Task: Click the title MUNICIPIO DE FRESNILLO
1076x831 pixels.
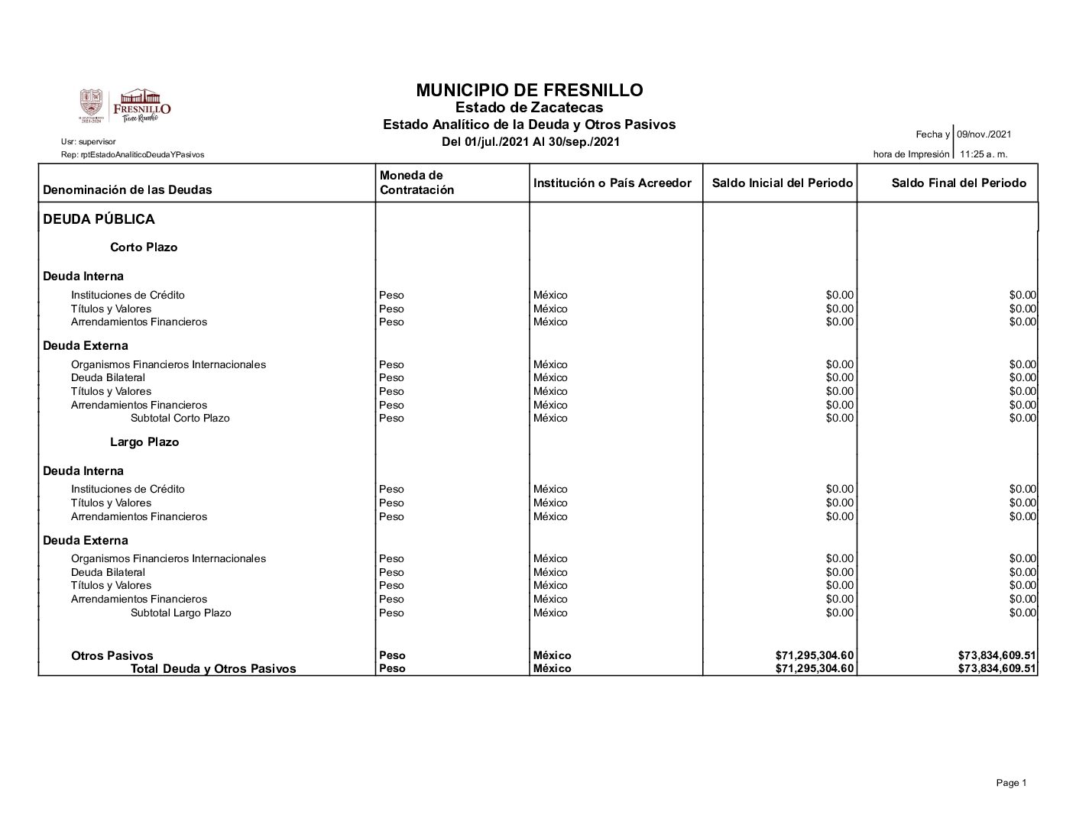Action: [529, 90]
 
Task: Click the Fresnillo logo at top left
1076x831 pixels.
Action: [125, 106]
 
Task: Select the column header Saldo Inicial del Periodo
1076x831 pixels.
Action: [782, 183]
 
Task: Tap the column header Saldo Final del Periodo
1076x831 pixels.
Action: [958, 183]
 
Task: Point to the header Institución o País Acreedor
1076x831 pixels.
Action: [612, 183]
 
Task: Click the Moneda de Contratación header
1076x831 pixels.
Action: [416, 183]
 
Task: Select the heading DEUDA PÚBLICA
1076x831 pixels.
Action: [99, 220]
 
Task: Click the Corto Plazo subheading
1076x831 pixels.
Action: [144, 247]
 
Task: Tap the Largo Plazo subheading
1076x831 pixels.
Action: [144, 442]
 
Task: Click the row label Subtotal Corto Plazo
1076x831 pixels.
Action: [180, 419]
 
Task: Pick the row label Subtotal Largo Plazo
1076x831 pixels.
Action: [180, 613]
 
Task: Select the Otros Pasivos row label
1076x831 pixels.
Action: [112, 656]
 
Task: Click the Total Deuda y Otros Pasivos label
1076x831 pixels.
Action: [212, 669]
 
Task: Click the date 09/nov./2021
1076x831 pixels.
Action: [984, 134]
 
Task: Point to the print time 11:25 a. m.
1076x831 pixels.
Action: [984, 154]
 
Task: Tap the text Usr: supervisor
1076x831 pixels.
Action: [88, 142]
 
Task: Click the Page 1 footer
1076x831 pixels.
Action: [1011, 783]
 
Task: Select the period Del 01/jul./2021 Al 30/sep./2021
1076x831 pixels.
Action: [530, 142]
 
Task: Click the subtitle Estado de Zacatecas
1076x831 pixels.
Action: [529, 108]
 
